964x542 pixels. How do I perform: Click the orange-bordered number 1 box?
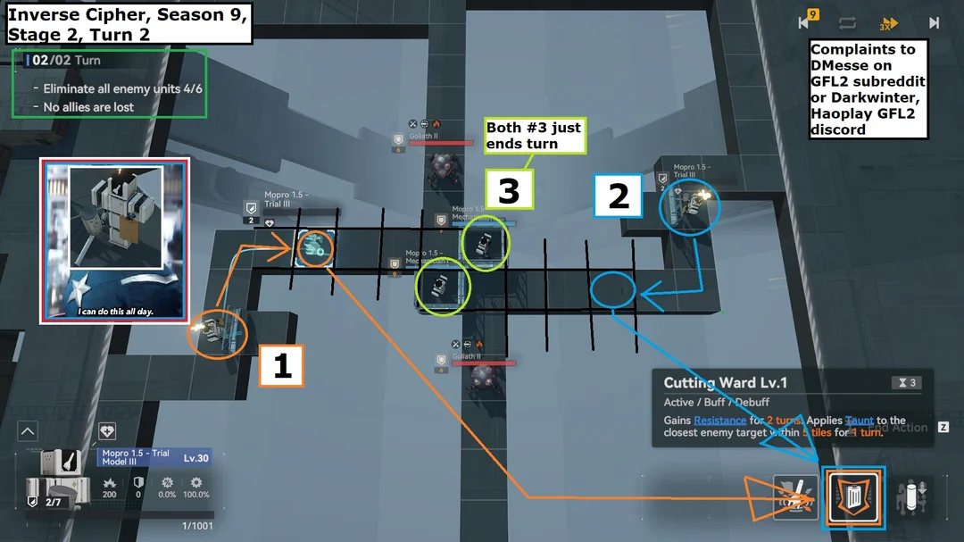point(282,366)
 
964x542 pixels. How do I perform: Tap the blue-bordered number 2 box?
point(619,196)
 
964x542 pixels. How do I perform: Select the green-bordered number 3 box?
point(509,189)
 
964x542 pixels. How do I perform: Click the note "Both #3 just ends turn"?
point(534,136)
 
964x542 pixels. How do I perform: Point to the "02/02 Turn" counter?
point(67,61)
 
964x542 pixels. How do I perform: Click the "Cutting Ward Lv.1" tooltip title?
point(726,383)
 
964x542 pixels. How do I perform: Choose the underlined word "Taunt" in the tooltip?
point(860,421)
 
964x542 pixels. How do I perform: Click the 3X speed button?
point(888,24)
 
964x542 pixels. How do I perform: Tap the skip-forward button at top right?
point(934,23)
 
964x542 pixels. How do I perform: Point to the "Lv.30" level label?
point(195,458)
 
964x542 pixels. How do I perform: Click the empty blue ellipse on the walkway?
point(612,290)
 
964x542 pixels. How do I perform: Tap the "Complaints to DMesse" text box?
point(868,89)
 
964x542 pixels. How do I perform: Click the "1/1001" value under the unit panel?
point(196,526)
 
